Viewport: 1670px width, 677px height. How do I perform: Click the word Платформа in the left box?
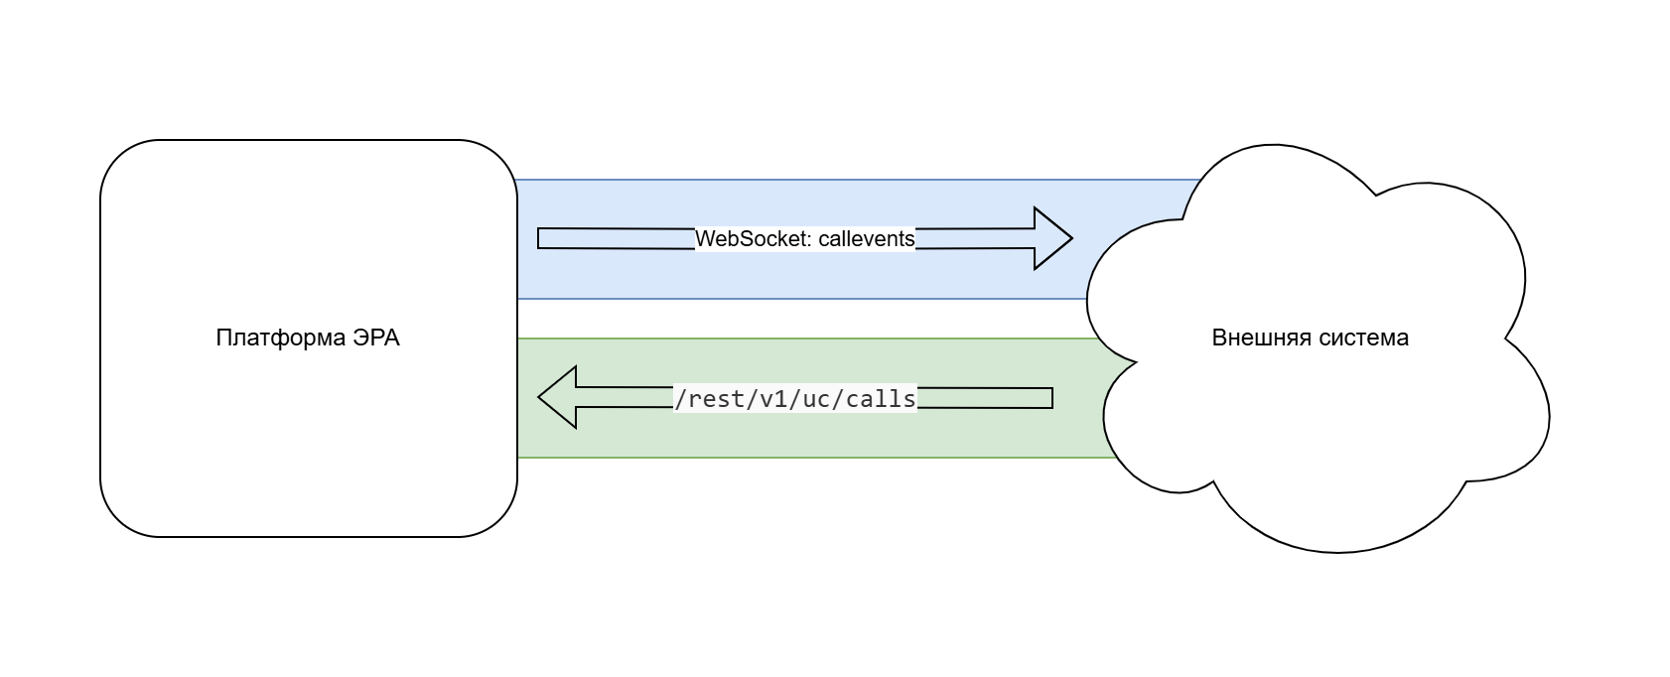point(280,338)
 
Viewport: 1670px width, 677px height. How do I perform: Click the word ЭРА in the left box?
point(376,338)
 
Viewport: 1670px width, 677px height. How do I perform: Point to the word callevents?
point(866,239)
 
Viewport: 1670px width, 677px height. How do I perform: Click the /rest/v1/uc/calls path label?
point(794,399)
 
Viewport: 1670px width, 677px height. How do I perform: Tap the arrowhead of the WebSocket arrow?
point(1052,238)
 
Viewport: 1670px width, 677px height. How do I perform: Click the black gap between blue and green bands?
point(794,319)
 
